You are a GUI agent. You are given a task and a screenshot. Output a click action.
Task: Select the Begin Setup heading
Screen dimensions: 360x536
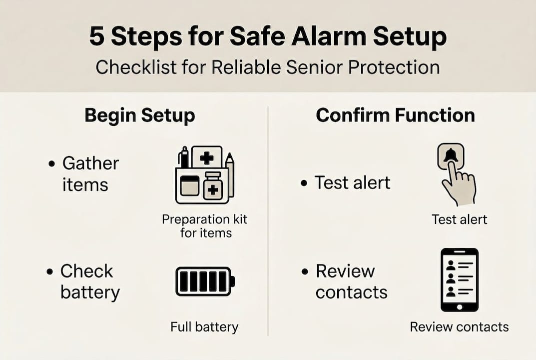pyautogui.click(x=139, y=115)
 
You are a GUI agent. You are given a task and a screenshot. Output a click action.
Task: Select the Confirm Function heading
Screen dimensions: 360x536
pyautogui.click(x=395, y=115)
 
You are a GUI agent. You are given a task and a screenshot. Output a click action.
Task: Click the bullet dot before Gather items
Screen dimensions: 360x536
pyautogui.click(x=51, y=164)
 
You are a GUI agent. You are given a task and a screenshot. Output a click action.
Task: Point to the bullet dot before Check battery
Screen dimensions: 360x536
pyautogui.click(x=49, y=272)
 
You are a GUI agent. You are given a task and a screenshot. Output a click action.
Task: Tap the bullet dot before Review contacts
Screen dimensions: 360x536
pyautogui.click(x=304, y=272)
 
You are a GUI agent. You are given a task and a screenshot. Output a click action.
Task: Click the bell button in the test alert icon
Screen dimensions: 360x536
pyautogui.click(x=451, y=157)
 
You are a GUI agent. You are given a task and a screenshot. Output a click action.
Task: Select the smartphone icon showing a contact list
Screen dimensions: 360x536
pyautogui.click(x=459, y=280)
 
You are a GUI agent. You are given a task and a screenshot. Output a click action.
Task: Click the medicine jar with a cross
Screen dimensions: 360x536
pyautogui.click(x=213, y=187)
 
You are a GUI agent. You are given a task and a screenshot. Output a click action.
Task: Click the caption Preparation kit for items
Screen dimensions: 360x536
pyautogui.click(x=205, y=226)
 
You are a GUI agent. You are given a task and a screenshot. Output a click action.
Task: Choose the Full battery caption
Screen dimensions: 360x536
pyautogui.click(x=204, y=327)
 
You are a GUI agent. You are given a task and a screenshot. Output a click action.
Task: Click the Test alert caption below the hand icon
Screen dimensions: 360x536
pyautogui.click(x=459, y=219)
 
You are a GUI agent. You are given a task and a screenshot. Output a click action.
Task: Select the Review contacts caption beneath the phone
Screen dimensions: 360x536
pyautogui.click(x=459, y=327)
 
